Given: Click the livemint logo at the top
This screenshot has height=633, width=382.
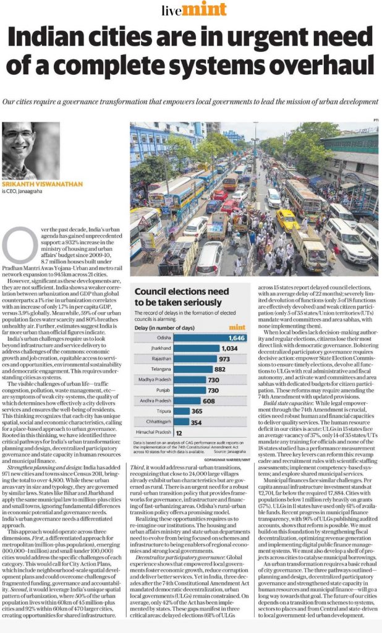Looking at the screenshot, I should pyautogui.click(x=191, y=9).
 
